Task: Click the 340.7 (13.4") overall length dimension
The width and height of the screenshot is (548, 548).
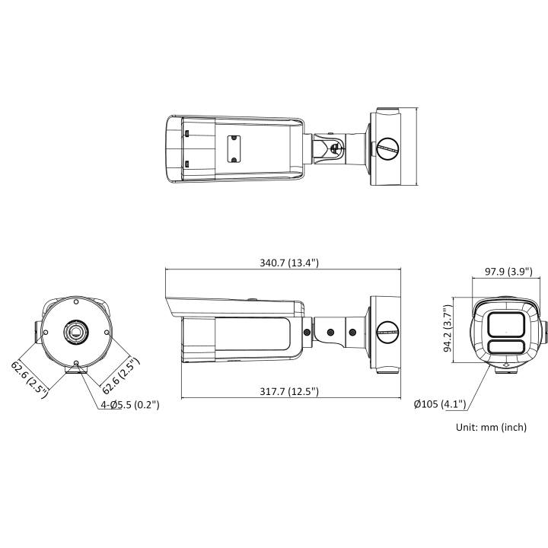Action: coord(288,263)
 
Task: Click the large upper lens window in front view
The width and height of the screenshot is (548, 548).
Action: coord(503,324)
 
